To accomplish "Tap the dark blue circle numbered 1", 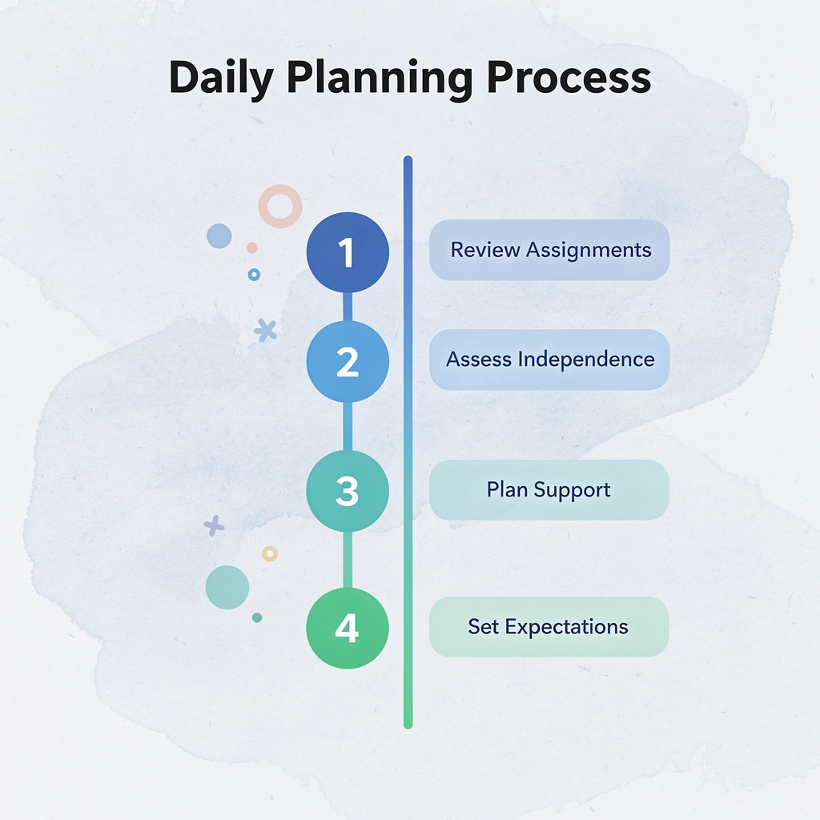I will coord(348,253).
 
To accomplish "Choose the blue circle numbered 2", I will coord(348,362).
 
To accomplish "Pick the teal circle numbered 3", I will coord(348,491).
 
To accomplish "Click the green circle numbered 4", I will coord(348,629).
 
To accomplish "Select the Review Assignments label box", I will coord(549,250).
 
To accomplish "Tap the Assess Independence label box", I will coord(549,360).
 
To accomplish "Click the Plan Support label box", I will coord(549,489).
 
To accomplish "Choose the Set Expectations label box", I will coord(549,626).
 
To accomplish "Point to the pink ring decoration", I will coord(280,206).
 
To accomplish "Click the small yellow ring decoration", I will coord(270,553).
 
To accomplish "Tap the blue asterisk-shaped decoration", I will coord(265,330).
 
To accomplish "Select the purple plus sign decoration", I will coord(214,525).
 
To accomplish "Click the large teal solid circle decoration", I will coord(227,587).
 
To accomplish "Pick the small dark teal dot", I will coord(257,617).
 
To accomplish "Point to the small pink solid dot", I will coord(251,247).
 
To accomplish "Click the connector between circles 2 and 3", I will coord(348,426).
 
